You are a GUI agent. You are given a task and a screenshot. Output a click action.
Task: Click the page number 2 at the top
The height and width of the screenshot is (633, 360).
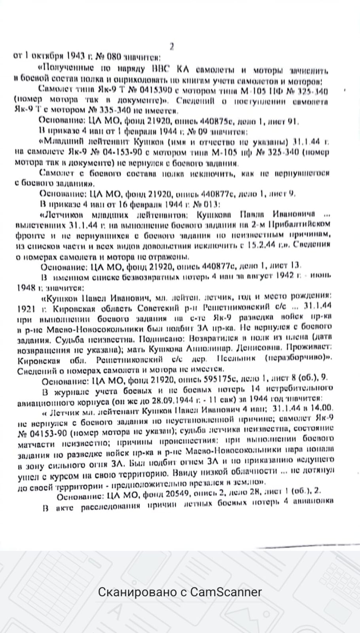coord(171,46)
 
